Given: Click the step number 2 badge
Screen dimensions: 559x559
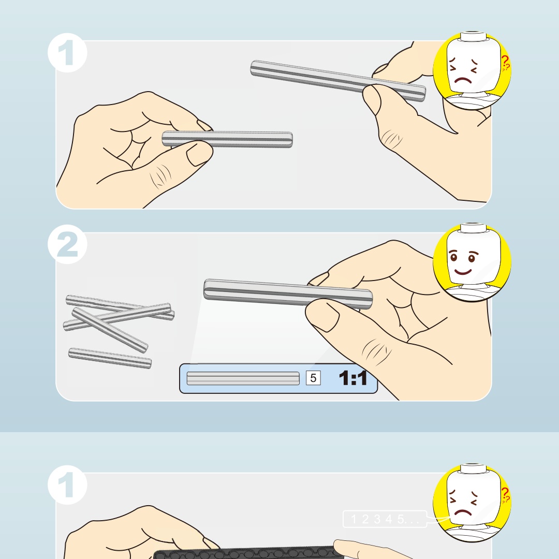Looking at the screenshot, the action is (67, 244).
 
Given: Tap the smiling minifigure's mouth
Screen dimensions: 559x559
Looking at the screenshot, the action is (463, 272).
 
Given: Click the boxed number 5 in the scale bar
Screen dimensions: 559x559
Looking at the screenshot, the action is (313, 378).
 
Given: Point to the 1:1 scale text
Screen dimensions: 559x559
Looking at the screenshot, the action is (352, 378).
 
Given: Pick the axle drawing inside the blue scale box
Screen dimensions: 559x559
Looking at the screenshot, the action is (243, 378).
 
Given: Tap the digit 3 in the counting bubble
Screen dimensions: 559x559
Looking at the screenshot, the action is (377, 519).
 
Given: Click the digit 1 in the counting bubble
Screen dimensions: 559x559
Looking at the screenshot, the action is (354, 519).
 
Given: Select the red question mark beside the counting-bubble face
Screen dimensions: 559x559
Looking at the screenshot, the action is (505, 494).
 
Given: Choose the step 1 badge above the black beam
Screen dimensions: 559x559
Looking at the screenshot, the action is (67, 485).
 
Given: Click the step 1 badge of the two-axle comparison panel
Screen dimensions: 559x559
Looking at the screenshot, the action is (67, 53).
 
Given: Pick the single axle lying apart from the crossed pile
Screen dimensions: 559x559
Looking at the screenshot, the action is (110, 358).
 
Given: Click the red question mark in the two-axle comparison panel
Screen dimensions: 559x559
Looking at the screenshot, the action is (505, 63).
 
